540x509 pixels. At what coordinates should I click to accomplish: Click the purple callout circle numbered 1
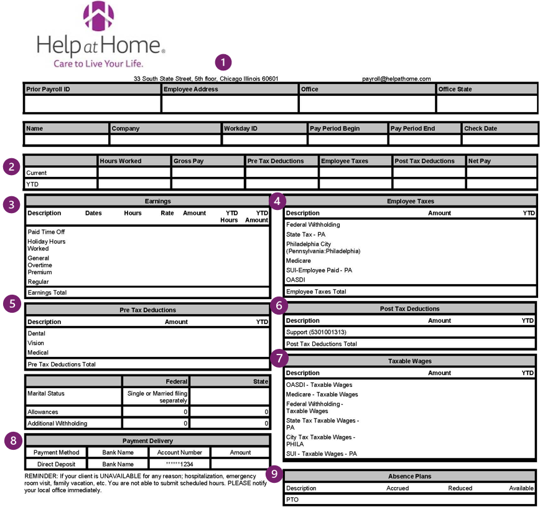[x=223, y=62]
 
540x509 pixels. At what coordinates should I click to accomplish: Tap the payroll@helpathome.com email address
[x=396, y=79]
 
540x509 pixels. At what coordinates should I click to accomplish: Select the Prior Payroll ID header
[x=48, y=89]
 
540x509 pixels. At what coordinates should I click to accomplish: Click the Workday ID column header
[x=241, y=128]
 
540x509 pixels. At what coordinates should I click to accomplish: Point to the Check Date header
[x=480, y=128]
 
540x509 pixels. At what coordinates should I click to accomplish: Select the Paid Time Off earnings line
[x=46, y=232]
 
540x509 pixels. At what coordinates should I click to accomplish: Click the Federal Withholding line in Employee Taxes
[x=313, y=224]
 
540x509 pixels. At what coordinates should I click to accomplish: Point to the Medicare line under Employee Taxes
[x=299, y=260]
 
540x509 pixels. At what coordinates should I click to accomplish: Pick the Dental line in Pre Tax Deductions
[x=37, y=333]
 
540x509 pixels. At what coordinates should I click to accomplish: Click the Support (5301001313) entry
[x=317, y=333]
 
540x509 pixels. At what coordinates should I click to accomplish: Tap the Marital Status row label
[x=46, y=393]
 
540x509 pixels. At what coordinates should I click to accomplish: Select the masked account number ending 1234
[x=180, y=464]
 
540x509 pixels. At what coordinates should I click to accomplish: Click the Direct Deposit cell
[x=55, y=464]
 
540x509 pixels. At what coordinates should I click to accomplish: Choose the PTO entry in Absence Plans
[x=292, y=500]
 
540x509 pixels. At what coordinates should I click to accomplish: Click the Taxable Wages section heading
[x=410, y=360]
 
